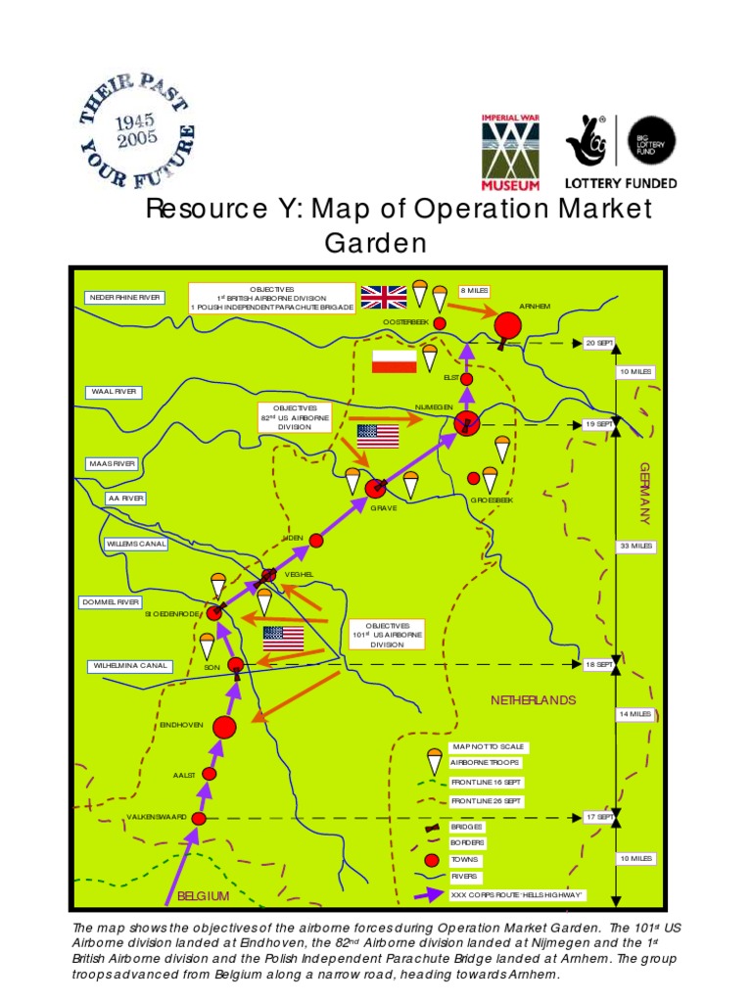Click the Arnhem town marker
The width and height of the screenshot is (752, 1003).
pyautogui.click(x=507, y=325)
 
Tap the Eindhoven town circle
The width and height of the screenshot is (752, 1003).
pyautogui.click(x=224, y=727)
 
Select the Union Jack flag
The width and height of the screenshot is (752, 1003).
pyautogui.click(x=384, y=296)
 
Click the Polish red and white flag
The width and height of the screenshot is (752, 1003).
pyautogui.click(x=394, y=361)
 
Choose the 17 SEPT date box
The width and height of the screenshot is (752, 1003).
pyautogui.click(x=598, y=817)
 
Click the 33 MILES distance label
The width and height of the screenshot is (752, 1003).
pyautogui.click(x=634, y=546)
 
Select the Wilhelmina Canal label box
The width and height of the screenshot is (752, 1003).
pyautogui.click(x=129, y=666)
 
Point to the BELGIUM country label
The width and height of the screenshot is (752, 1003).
pyautogui.click(x=203, y=896)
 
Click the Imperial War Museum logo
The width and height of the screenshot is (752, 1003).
pyautogui.click(x=509, y=151)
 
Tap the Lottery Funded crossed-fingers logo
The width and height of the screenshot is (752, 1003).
pyautogui.click(x=587, y=142)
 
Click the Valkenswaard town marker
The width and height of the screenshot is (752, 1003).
pyautogui.click(x=199, y=818)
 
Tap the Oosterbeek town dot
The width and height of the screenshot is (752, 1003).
pyautogui.click(x=440, y=322)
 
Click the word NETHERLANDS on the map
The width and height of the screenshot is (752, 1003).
pyautogui.click(x=534, y=700)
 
